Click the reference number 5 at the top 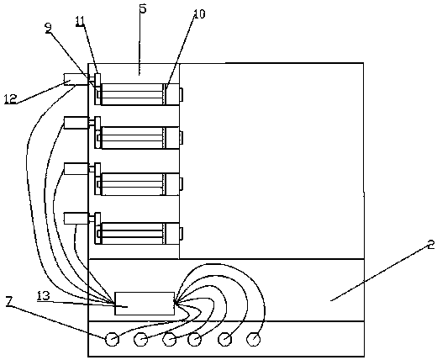click(143, 8)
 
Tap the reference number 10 click(199, 14)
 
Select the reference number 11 click(81, 22)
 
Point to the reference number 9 click(49, 28)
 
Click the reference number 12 click(10, 99)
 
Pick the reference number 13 click(44, 296)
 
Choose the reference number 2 click(431, 245)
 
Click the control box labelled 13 click(145, 304)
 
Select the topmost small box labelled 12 click(76, 79)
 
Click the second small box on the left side click(76, 123)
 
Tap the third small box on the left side click(76, 169)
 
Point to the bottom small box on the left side click(76, 219)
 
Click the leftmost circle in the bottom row click(112, 339)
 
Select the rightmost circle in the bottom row click(254, 339)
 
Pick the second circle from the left click(141, 340)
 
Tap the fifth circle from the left click(225, 340)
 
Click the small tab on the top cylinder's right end click(182, 94)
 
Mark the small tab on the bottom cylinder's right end click(182, 234)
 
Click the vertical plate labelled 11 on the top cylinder click(97, 89)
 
